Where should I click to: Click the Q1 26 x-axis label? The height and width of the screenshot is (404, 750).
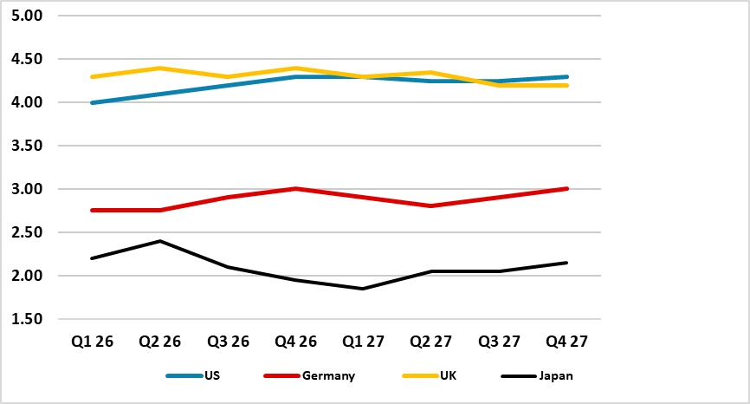click(91, 341)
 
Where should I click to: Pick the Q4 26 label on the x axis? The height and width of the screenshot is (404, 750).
click(295, 341)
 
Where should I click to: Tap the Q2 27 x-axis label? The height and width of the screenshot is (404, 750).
click(431, 341)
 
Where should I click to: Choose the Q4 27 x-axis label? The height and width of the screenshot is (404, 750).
click(567, 341)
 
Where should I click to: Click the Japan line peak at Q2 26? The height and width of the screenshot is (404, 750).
click(159, 241)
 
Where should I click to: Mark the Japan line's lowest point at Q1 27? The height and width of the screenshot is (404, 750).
click(363, 289)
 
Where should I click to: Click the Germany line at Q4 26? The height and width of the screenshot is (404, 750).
click(295, 189)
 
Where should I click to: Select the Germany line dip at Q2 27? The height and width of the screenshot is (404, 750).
click(431, 206)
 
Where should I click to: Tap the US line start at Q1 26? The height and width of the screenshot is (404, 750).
click(91, 102)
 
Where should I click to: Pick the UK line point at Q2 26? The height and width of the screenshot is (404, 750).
click(159, 68)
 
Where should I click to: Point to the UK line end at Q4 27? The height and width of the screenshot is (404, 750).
click(567, 85)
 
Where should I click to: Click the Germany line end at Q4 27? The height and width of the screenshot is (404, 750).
click(567, 189)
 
